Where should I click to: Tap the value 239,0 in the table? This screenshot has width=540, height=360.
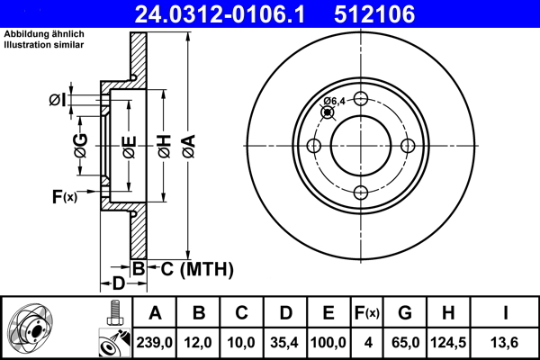155,343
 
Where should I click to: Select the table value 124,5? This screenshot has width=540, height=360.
448,343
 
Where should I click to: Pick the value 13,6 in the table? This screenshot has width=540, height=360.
507,343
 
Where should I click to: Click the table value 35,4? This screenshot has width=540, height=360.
285,343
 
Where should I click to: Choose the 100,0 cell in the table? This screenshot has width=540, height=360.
328,343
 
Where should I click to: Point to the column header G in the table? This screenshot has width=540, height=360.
405,313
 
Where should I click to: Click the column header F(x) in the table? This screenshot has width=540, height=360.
367,313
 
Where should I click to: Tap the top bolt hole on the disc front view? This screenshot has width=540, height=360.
360,99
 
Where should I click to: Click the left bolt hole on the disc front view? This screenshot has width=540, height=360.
314,146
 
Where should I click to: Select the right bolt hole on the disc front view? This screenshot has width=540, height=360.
407,146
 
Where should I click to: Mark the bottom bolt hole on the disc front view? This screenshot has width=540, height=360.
360,193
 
